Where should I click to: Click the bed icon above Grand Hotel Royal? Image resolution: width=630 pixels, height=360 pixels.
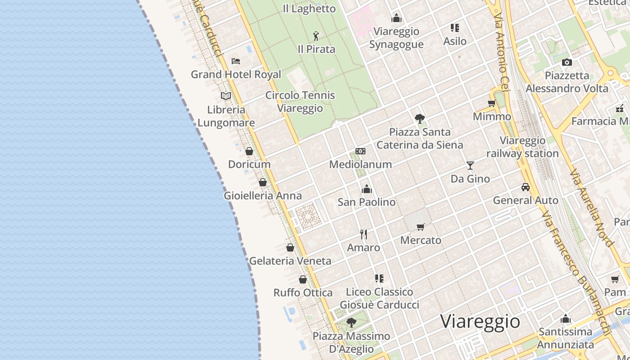click(x=235, y=61)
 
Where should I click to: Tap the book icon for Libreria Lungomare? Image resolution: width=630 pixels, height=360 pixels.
click(x=226, y=96)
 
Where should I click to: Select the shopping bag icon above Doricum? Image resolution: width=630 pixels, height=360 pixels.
click(x=249, y=151)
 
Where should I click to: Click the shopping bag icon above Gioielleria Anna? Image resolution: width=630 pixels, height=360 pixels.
click(x=263, y=182)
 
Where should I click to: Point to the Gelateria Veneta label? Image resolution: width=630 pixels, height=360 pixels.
click(x=290, y=261)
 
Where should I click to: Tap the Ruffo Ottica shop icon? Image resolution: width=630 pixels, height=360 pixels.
click(x=303, y=279)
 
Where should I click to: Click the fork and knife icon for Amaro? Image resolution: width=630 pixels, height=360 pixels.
click(x=364, y=234)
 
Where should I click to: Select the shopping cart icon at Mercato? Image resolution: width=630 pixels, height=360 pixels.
click(x=421, y=227)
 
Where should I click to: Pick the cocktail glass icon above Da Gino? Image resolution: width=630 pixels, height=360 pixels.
click(x=470, y=166)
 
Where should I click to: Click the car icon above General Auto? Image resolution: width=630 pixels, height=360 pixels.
click(x=526, y=187)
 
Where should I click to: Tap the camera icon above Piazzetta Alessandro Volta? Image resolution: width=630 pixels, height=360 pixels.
click(x=567, y=62)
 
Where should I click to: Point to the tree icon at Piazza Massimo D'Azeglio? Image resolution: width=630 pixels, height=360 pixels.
click(x=351, y=323)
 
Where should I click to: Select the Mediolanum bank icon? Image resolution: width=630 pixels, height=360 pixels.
click(x=360, y=151)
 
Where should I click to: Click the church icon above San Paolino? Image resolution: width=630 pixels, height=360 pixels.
click(x=367, y=189)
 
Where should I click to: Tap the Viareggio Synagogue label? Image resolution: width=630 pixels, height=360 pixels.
click(x=396, y=38)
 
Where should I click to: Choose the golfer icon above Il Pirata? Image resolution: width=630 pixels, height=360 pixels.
click(x=316, y=36)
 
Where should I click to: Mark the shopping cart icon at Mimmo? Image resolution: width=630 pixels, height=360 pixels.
click(x=492, y=103)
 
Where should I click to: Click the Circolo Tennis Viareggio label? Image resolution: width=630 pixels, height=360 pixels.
click(x=300, y=102)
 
